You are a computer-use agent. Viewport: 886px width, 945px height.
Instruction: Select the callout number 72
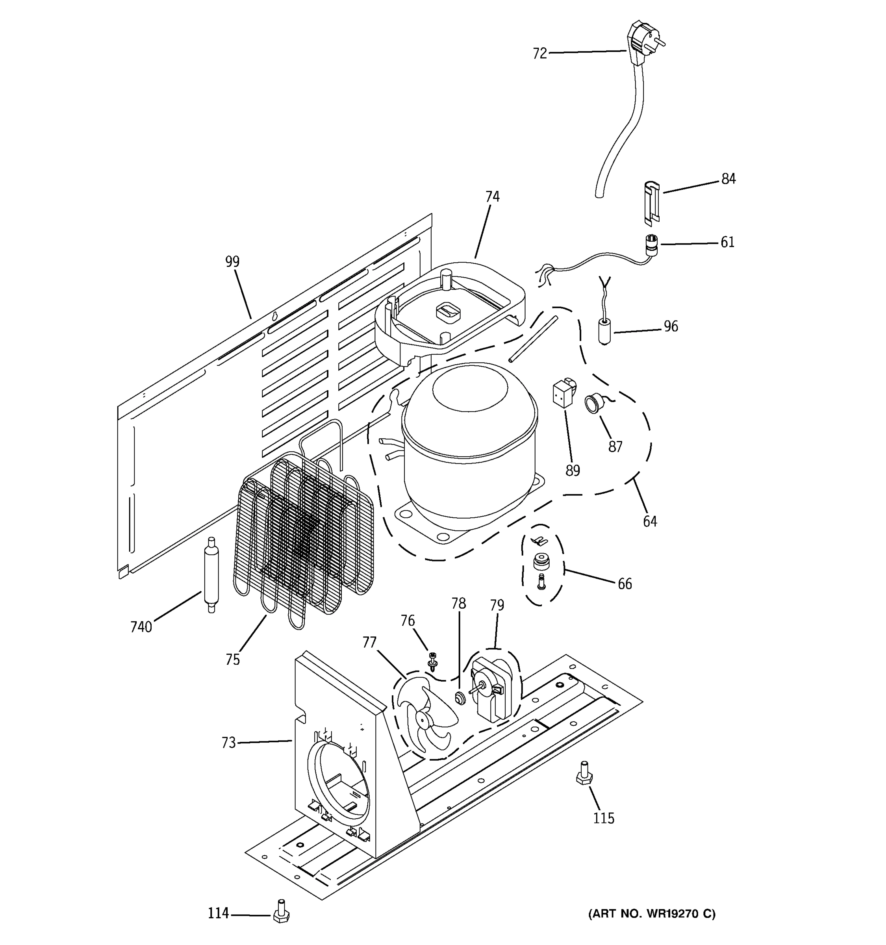[539, 54]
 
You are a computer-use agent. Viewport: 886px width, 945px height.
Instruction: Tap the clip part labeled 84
[652, 202]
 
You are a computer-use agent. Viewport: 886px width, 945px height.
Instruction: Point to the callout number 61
[727, 243]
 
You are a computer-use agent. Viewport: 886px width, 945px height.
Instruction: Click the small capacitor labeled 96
[604, 331]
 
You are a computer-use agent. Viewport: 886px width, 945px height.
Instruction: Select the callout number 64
[650, 521]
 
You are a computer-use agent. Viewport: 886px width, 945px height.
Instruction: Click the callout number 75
[232, 660]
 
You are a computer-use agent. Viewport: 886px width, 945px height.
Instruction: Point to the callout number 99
[232, 261]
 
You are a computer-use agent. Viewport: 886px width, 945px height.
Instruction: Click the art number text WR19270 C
[651, 913]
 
